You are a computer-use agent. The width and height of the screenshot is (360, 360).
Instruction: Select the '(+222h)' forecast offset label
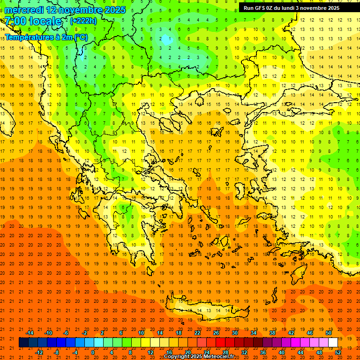pos(83,21)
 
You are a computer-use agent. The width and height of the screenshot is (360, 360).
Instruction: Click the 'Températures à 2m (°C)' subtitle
pos(46,37)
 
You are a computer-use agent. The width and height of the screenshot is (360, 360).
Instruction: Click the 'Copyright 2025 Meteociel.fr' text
pos(199,357)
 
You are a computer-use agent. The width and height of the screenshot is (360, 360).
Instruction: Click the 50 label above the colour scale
pos(328,333)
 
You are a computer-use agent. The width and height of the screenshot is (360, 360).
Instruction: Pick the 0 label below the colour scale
pos(93,352)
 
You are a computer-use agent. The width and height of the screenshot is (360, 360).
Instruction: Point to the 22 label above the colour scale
pos(197,333)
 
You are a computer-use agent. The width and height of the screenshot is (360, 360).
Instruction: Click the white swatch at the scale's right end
pos(333,343)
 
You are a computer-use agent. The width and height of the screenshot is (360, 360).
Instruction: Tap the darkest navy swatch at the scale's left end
pos(23,343)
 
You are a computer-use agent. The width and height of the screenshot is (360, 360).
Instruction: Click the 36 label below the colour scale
pos(262,352)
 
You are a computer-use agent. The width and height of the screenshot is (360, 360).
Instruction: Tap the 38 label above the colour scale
pos(272,333)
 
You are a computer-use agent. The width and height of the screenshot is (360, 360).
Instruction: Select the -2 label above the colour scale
pos(85,333)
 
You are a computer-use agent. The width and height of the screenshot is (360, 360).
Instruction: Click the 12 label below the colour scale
pos(150,352)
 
